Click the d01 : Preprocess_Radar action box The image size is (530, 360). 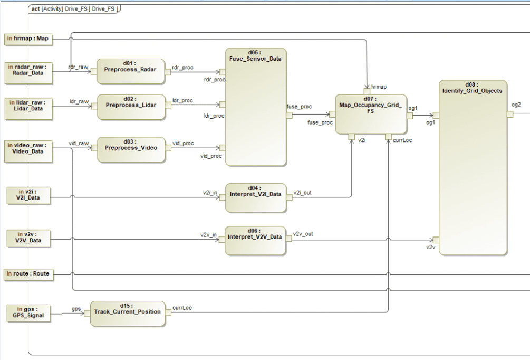(x=128, y=72)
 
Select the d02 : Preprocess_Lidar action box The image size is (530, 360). (x=128, y=108)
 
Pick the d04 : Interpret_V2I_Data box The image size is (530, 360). (x=256, y=197)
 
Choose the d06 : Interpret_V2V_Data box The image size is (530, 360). (x=256, y=240)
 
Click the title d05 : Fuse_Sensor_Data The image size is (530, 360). (x=256, y=55)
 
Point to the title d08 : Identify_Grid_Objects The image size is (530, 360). (x=473, y=88)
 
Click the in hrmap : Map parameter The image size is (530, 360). (x=30, y=39)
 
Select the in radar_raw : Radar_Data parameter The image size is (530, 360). (x=30, y=70)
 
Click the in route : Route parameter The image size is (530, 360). (x=30, y=274)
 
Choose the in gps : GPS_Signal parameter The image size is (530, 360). (x=30, y=313)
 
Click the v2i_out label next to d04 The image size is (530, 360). (x=302, y=192)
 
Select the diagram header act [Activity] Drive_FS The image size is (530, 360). (x=74, y=9)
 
